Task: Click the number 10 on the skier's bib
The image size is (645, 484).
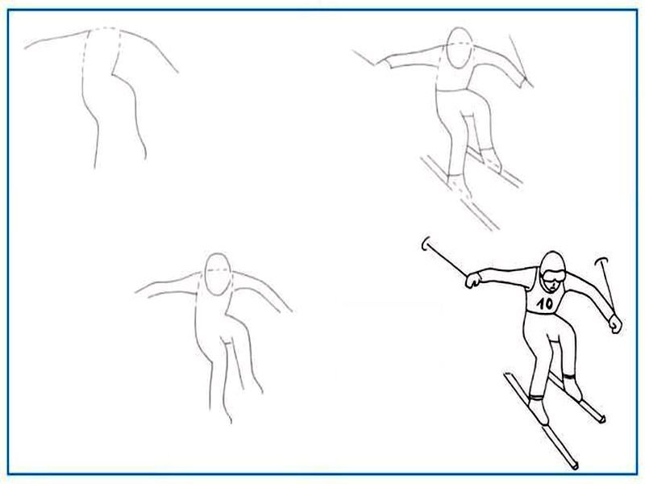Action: [x=545, y=304]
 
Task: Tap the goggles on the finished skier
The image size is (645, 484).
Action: [x=553, y=275]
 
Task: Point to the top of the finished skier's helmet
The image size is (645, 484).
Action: [x=552, y=252]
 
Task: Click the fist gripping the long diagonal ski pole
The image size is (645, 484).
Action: [x=473, y=280]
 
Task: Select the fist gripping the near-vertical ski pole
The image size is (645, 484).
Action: [x=615, y=323]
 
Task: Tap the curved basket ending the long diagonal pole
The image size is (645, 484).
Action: [x=425, y=244]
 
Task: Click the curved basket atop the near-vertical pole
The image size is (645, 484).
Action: [x=601, y=261]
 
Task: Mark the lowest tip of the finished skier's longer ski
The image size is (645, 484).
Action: [x=575, y=468]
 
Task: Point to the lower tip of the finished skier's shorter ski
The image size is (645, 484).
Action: [x=602, y=419]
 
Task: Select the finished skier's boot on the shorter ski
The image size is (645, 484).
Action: [x=572, y=387]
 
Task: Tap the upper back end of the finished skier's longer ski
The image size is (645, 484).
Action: [x=509, y=375]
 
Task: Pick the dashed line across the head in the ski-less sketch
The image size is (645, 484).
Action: [x=217, y=269]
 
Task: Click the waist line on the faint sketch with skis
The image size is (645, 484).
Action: [x=451, y=90]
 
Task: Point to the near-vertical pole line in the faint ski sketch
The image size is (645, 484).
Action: [x=521, y=61]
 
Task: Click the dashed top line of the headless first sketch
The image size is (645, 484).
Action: [x=105, y=28]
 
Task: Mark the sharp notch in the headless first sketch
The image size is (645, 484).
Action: [x=112, y=74]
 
